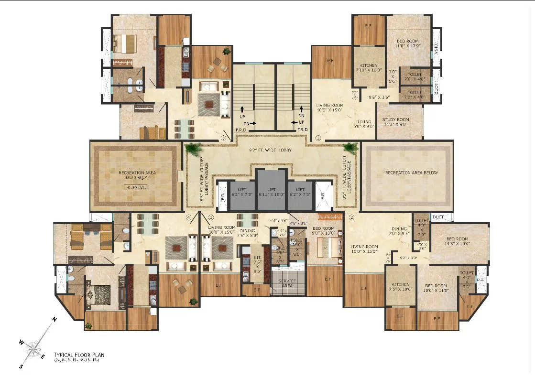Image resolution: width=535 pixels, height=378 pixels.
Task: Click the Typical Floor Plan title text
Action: pyautogui.click(x=78, y=355)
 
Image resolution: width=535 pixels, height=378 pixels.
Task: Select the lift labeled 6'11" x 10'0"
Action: pyautogui.click(x=272, y=191)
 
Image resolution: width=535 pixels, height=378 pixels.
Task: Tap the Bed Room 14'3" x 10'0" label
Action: pyautogui.click(x=459, y=241)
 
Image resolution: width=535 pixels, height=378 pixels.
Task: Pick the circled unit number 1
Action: pyautogui.click(x=318, y=138)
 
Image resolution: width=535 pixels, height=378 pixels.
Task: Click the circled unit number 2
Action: pyautogui.click(x=351, y=218)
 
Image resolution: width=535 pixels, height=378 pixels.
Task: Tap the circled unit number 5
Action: pyautogui.click(x=223, y=138)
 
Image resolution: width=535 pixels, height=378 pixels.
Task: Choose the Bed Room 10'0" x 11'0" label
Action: pyautogui.click(x=436, y=287)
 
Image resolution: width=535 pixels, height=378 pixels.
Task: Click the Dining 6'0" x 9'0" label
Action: pyautogui.click(x=364, y=124)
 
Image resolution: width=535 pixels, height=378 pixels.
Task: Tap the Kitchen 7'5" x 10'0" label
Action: pyautogui.click(x=401, y=287)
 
